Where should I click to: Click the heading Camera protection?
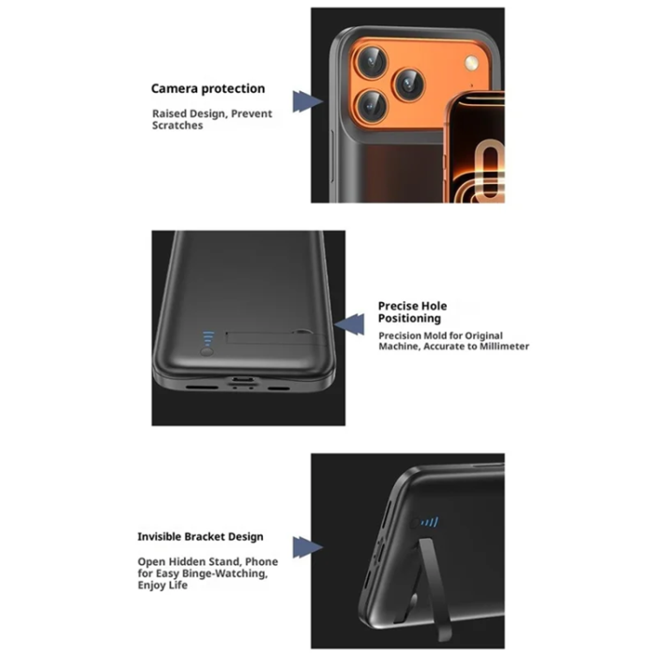point(207,89)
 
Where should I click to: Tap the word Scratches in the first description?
point(177,126)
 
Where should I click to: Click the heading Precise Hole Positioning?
point(412,312)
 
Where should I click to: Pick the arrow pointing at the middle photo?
point(350,325)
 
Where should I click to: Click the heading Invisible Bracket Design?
point(200,537)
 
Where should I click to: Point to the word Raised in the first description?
point(169,114)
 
